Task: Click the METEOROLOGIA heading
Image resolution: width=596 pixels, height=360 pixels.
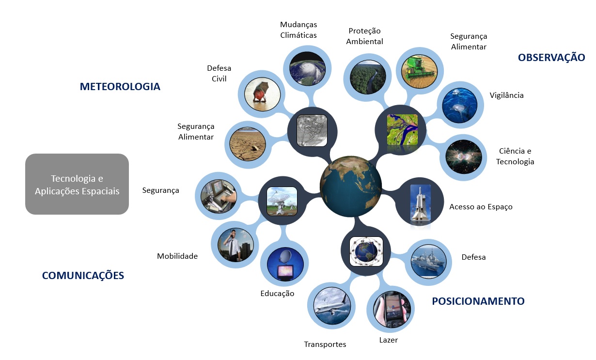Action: (x=120, y=87)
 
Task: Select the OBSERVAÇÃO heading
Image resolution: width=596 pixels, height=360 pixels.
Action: (x=551, y=58)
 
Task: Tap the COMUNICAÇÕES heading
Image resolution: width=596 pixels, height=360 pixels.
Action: (x=83, y=276)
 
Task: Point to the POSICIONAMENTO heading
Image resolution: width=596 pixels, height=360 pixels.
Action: (x=478, y=301)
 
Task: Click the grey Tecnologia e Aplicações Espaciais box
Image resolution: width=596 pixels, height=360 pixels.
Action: (x=77, y=184)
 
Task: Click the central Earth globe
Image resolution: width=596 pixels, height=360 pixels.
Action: (x=351, y=187)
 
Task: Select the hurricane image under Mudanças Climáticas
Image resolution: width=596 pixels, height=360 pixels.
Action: (x=307, y=69)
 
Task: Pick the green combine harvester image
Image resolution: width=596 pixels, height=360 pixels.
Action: (x=419, y=71)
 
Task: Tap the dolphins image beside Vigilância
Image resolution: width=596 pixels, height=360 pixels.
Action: (x=459, y=105)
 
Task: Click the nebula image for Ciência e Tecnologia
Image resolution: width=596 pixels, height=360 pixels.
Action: (x=464, y=157)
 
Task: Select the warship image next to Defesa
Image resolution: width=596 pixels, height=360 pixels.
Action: (x=428, y=262)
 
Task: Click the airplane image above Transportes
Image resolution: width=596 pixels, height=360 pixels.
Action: (x=332, y=305)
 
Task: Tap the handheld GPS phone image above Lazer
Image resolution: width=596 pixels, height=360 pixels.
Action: (x=392, y=310)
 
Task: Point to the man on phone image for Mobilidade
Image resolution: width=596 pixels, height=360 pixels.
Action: (x=235, y=245)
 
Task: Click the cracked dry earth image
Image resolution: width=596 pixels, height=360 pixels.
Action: (x=248, y=144)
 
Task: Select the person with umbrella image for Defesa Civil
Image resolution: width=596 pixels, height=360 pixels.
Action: (x=262, y=94)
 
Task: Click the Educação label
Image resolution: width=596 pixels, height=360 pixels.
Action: (x=277, y=294)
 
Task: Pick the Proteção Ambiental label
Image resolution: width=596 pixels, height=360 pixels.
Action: (x=364, y=36)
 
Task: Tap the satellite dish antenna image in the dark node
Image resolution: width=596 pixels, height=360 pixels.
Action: (x=282, y=201)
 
